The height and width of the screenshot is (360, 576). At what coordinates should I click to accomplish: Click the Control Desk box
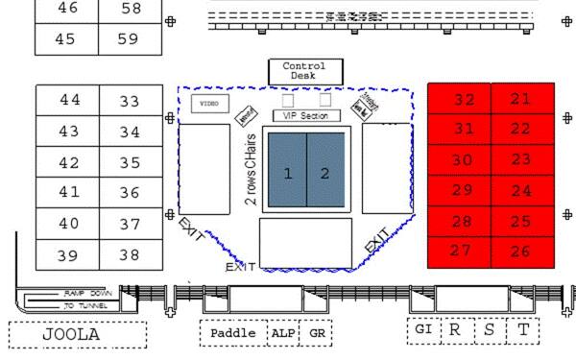point(304,70)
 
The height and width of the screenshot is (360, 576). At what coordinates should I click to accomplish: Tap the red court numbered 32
point(464,100)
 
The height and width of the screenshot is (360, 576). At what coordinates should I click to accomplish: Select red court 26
point(521,252)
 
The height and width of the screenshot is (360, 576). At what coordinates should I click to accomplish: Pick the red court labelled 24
point(521,191)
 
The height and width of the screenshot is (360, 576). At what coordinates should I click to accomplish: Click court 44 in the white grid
point(69,100)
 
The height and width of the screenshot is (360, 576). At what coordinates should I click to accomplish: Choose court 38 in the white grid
point(130,255)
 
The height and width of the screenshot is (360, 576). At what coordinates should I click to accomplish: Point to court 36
point(130,192)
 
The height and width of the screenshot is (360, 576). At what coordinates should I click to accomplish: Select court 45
point(69,39)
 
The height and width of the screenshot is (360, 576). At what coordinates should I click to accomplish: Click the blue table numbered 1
point(287,174)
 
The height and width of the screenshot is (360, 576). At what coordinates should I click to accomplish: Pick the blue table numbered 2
point(325,174)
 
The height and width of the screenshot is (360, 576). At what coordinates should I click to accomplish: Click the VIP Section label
point(307,116)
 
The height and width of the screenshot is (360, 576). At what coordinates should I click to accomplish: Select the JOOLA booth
point(77,335)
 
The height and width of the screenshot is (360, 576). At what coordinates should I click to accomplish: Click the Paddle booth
point(232,333)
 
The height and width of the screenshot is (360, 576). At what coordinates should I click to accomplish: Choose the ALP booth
point(283,333)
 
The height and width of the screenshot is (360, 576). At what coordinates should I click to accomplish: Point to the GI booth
point(422,329)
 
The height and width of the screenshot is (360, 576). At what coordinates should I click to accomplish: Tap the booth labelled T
point(523,329)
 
